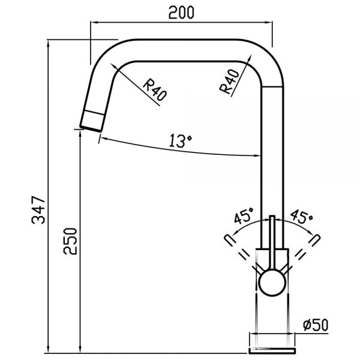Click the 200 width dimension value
[x=181, y=13]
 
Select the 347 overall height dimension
[x=38, y=210]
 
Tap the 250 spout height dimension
[x=70, y=241]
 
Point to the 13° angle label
[x=181, y=141]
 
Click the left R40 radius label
[x=155, y=90]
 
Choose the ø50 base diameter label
[x=316, y=325]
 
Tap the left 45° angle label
[x=244, y=215]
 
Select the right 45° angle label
[x=301, y=216]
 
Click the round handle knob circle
[x=272, y=283]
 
